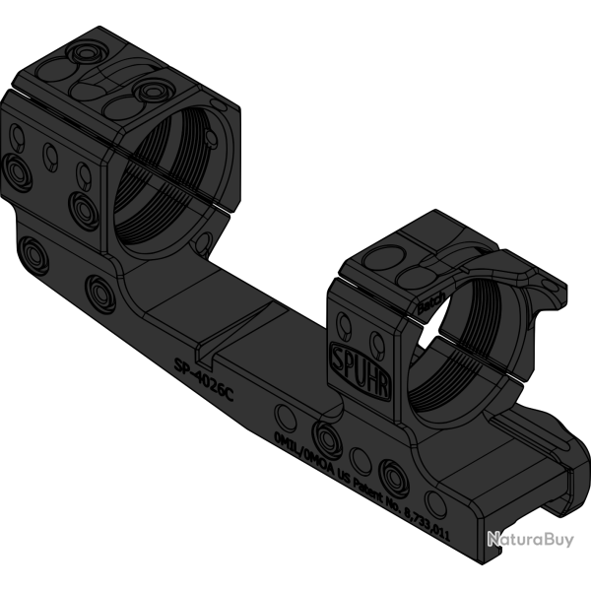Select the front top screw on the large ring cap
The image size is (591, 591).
pyautogui.click(x=151, y=92)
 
